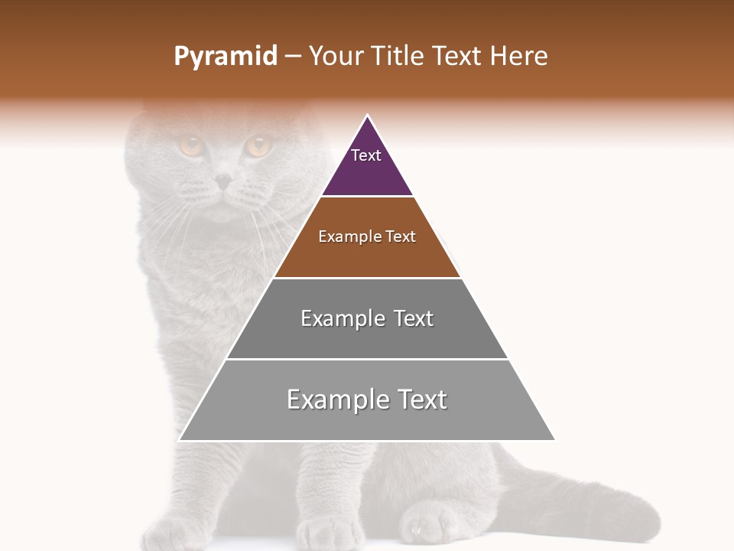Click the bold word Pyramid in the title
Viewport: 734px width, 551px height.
(x=225, y=57)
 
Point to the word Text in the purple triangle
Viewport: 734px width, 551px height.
(x=366, y=155)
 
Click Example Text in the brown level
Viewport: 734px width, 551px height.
(x=367, y=236)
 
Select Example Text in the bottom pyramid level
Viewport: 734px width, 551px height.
(x=367, y=399)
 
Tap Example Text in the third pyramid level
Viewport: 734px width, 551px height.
(x=367, y=318)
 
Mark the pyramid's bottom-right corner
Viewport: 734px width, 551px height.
(x=554, y=439)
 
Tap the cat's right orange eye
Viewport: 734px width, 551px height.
(x=258, y=145)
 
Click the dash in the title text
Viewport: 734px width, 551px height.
(x=293, y=57)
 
